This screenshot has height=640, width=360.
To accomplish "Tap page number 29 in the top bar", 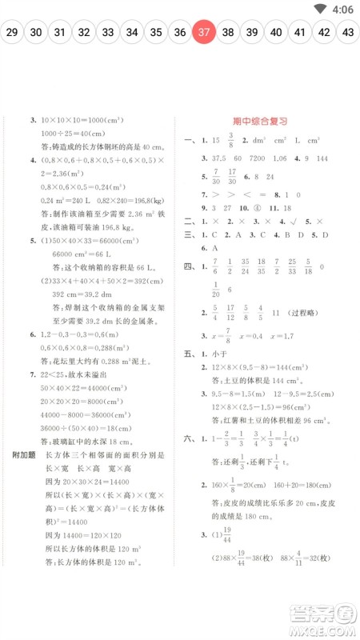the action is click(12, 33).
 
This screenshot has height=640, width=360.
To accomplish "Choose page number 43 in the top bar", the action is click(347, 33).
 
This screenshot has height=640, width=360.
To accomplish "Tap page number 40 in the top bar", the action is click(275, 33).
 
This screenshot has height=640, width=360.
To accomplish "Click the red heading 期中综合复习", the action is click(260, 121).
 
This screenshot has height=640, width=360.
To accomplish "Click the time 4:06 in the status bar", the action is click(342, 9).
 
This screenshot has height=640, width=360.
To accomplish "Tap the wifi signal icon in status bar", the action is click(320, 9).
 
